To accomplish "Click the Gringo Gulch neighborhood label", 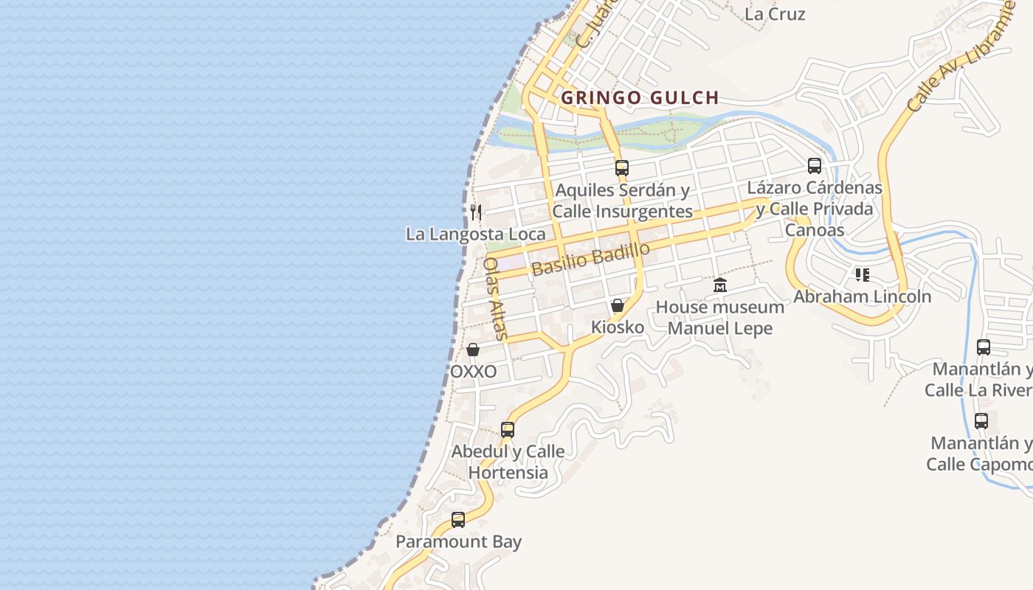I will (640, 97).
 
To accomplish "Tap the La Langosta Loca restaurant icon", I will (476, 212).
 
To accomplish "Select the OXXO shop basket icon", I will (473, 350).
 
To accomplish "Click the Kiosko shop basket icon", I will (618, 305).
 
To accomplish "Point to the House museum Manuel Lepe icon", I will (720, 285).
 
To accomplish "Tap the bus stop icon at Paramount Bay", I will (458, 520).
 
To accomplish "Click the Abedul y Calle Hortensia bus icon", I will (508, 430).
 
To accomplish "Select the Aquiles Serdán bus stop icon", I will (622, 168).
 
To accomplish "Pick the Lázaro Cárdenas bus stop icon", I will (815, 166).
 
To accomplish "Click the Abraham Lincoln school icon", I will (862, 275).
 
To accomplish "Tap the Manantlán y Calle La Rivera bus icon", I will (984, 347).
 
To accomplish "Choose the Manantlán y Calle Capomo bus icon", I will (981, 421).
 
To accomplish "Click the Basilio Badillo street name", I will (590, 258).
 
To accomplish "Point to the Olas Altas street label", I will (495, 298).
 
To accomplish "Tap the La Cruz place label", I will (775, 14).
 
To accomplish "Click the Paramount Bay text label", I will (458, 542).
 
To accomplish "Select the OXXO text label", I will (473, 372).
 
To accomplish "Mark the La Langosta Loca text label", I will (476, 235).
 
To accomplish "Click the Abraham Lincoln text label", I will (862, 296).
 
